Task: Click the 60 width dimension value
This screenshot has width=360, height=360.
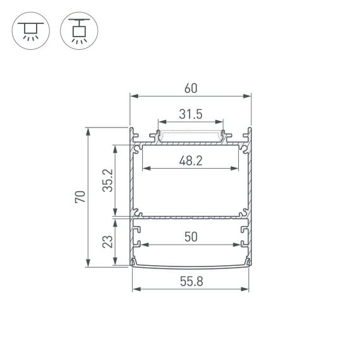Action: (190, 88)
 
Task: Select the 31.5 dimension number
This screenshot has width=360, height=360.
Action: (190, 114)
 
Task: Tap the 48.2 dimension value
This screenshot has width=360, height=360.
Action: (190, 160)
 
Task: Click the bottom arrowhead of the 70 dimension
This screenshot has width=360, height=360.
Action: (88, 263)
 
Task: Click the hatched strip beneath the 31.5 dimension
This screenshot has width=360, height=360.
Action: (190, 135)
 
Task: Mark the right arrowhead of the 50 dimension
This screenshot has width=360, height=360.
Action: (237, 244)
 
